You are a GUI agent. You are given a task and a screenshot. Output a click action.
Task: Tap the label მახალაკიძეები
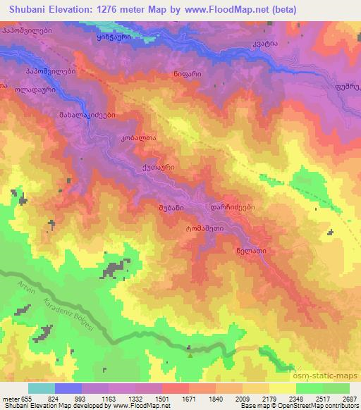coord(87,115)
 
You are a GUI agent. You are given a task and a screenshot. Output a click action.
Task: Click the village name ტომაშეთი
coord(204,228)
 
